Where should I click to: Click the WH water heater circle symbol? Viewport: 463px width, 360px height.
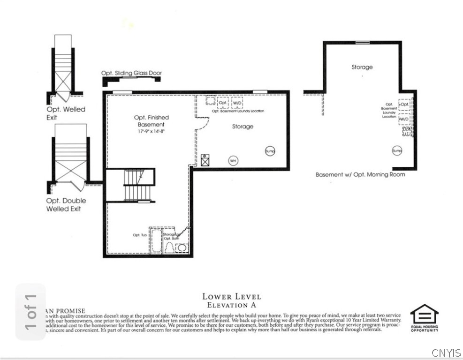pos(233,161)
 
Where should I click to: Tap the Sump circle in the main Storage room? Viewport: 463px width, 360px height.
pos(270,151)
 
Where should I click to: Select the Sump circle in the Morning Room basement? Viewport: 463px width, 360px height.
pos(397,151)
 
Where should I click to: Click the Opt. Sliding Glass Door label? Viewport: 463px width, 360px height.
pos(131,73)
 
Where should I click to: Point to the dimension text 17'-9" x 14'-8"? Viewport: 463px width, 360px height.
pos(151,132)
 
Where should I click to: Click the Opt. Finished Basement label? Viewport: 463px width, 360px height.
pos(151,121)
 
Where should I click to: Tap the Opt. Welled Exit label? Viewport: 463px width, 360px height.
pos(65,113)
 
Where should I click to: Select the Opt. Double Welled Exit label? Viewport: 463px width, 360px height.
pos(66,204)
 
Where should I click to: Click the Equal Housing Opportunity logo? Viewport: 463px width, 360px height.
pos(425,317)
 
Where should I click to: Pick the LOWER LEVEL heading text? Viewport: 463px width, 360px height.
pos(231,296)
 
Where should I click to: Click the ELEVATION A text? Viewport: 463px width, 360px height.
pos(231,305)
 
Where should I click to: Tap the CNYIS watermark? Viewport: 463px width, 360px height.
pos(446,352)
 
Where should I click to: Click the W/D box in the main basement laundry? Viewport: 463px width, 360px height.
pos(237,103)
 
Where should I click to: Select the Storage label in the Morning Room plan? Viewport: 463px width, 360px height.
pos(362,67)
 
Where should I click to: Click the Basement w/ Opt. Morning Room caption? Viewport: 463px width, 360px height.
pos(360,174)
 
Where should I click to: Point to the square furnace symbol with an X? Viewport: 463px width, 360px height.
pos(205,160)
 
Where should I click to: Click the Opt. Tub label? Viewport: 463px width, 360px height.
pos(140,235)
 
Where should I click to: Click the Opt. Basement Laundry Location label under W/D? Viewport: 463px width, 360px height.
pos(238,111)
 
